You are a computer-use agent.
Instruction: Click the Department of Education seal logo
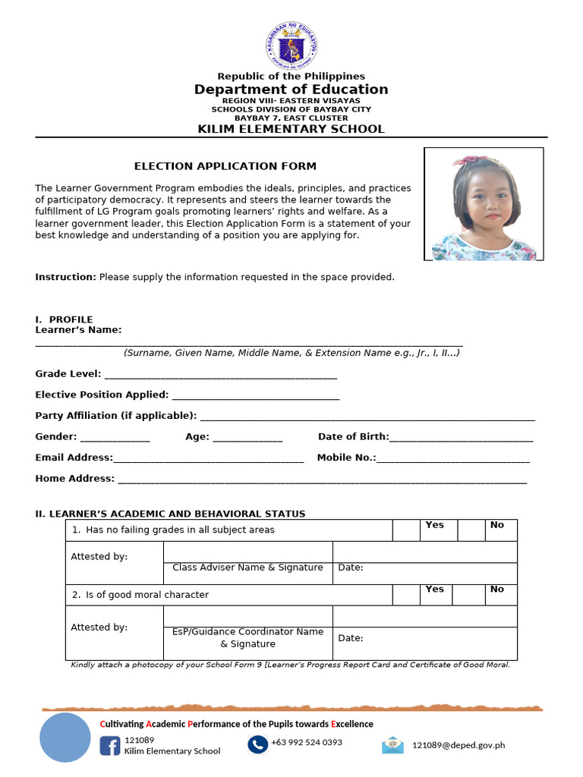pos(291,46)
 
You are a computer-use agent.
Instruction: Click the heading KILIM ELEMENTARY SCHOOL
pos(291,129)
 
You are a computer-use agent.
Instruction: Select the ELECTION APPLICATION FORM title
pos(225,166)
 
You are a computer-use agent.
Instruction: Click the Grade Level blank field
pos(220,375)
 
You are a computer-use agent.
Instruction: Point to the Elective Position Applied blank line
pos(256,396)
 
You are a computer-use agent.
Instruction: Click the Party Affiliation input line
pos(367,417)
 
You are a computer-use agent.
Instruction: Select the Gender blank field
pos(115,438)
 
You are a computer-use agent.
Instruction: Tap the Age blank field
pos(247,438)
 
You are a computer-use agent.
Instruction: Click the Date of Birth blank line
pos(461,438)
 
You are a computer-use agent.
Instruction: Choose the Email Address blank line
pos(208,458)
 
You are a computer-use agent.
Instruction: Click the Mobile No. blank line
pos(453,458)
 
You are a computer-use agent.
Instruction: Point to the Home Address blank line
pos(322,480)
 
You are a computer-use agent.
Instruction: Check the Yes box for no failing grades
pos(406,530)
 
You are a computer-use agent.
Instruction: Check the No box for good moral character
pos(471,594)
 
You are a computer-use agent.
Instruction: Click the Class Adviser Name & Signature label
pos(247,568)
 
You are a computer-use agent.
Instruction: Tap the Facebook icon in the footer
pos(110,746)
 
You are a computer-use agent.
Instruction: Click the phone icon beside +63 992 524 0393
pos(257,745)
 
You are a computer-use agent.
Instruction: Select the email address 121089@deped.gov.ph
pos(459,745)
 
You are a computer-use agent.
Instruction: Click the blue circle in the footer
pos(65,737)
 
